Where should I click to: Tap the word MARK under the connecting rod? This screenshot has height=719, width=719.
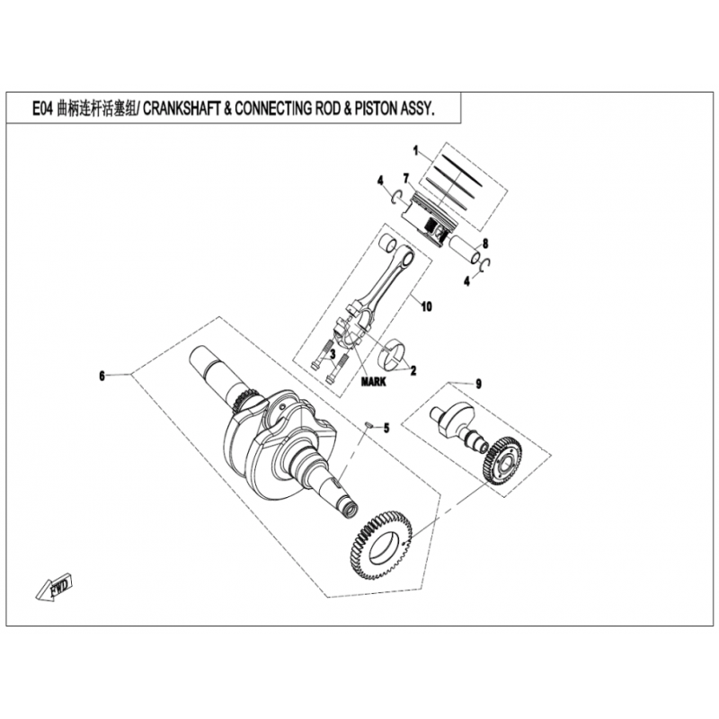pyautogui.click(x=374, y=381)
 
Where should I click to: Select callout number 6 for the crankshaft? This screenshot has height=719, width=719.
pyautogui.click(x=102, y=376)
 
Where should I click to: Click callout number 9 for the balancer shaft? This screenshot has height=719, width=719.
pyautogui.click(x=478, y=384)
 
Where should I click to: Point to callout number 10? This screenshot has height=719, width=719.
pyautogui.click(x=426, y=306)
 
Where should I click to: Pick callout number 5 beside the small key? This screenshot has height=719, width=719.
pyautogui.click(x=386, y=428)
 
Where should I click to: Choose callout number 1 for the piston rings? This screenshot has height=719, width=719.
pyautogui.click(x=416, y=150)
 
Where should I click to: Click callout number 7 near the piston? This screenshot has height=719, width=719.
pyautogui.click(x=406, y=177)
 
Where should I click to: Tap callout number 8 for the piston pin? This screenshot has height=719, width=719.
pyautogui.click(x=485, y=244)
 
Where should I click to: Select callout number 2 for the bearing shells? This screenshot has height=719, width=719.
pyautogui.click(x=413, y=370)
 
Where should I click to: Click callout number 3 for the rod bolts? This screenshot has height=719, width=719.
pyautogui.click(x=333, y=354)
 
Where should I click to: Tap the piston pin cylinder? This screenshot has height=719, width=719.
pyautogui.click(x=465, y=250)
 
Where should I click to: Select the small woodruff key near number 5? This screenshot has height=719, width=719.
pyautogui.click(x=368, y=425)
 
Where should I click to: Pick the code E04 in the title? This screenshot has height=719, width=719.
pyautogui.click(x=43, y=110)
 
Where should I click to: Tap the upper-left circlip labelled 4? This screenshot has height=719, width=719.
pyautogui.click(x=397, y=196)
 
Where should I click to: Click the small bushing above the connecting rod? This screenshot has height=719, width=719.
pyautogui.click(x=388, y=243)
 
